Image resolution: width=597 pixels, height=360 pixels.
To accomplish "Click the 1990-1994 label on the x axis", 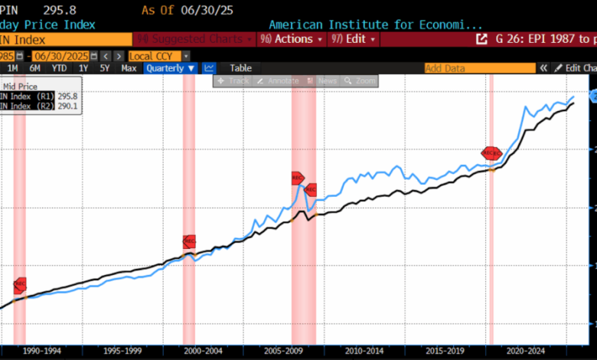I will tap(42, 351).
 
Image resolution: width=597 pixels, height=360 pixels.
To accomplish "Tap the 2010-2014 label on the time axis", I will tap(364, 351).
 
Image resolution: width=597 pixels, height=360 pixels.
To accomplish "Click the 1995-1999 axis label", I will tap(122, 351).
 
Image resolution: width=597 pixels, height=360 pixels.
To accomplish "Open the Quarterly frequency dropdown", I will tap(171, 68).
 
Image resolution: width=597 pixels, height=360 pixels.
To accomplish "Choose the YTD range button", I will tap(58, 68).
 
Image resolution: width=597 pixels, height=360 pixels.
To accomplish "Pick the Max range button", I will tap(129, 68).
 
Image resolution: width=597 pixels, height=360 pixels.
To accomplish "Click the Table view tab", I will tap(240, 68).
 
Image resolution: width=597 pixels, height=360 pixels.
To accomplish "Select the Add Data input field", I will tap(479, 68).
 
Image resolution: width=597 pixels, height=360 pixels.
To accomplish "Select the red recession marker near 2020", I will tap(491, 153).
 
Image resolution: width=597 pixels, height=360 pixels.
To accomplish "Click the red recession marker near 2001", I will tap(189, 241).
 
